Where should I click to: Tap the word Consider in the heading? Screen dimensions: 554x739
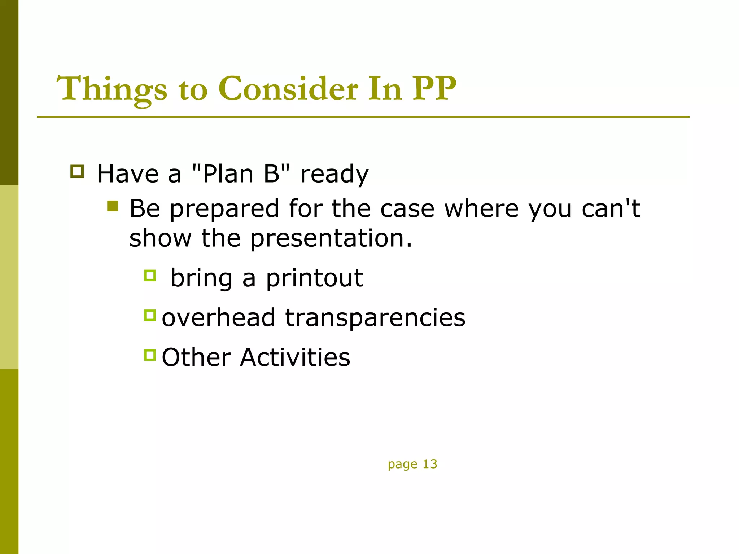point(289,89)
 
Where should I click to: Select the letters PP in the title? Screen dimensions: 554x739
point(434,89)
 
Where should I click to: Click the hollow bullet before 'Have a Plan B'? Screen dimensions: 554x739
point(77,171)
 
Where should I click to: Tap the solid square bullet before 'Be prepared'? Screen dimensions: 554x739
point(113,206)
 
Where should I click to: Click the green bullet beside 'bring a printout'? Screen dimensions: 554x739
point(150,276)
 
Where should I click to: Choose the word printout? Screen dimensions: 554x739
point(314,278)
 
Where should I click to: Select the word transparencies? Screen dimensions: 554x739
point(375,318)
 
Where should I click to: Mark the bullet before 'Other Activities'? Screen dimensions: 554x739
point(150,355)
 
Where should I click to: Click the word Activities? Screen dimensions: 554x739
point(295,357)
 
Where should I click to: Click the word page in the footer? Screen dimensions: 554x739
point(402,465)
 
